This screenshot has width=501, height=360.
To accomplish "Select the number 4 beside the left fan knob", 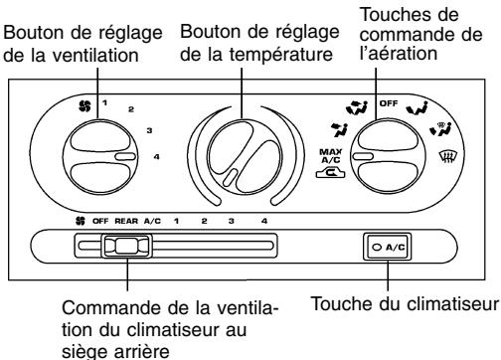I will tap(157, 157).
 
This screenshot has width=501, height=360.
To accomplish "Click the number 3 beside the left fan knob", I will tap(150, 130).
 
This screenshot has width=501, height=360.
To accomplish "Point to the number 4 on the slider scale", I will tap(262, 220).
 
